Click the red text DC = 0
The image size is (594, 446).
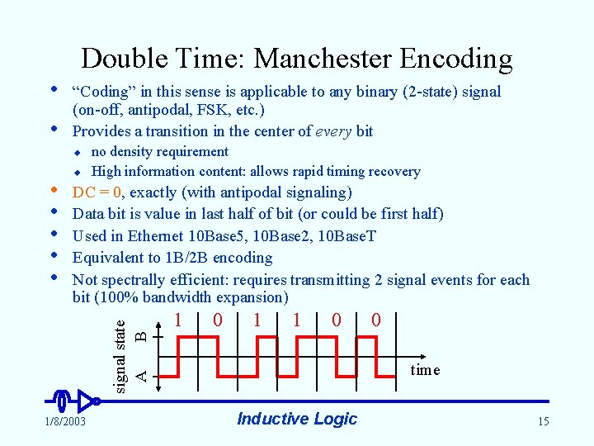[x=97, y=192]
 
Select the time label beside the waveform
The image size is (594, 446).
[x=425, y=370]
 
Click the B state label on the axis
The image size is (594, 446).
[x=141, y=336]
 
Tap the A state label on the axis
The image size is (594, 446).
[x=141, y=376]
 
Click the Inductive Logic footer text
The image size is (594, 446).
[x=297, y=419]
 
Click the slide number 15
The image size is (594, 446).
[x=542, y=422]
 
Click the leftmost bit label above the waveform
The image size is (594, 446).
[x=178, y=319]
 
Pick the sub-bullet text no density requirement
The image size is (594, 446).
[x=159, y=151]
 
